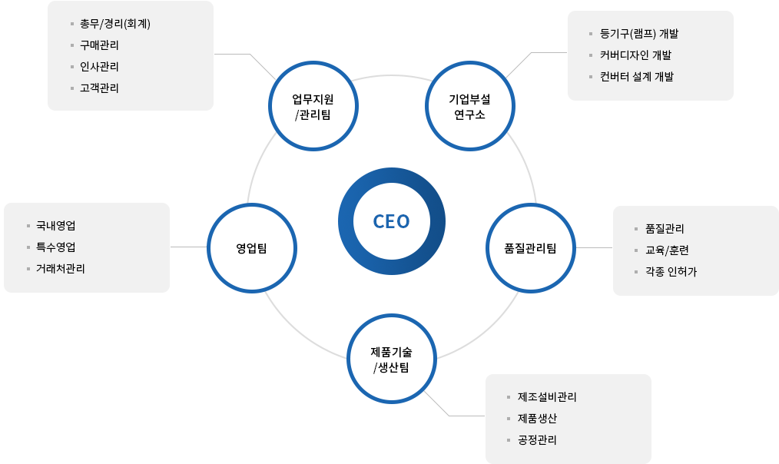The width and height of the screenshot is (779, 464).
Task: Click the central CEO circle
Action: (x=391, y=221)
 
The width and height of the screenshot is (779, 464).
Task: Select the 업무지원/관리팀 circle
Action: (x=313, y=107)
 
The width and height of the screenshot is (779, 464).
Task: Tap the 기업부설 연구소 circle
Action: (x=469, y=107)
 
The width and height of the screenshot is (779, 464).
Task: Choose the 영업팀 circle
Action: (x=251, y=247)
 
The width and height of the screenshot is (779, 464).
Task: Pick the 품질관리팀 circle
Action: (x=530, y=247)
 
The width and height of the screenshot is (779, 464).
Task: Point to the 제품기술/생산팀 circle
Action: (x=391, y=359)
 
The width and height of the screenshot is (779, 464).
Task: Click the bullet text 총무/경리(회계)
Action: (x=114, y=23)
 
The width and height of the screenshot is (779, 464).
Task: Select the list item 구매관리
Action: (x=99, y=45)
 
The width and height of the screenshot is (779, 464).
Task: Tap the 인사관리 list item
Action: (x=99, y=66)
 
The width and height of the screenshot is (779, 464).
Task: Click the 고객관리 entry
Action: (x=99, y=88)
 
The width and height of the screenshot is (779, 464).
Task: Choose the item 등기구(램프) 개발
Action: (x=639, y=34)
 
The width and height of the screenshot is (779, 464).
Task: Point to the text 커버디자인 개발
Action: (x=635, y=55)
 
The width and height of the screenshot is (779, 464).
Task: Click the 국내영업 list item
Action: (x=55, y=226)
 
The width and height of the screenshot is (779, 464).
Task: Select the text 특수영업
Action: (x=55, y=247)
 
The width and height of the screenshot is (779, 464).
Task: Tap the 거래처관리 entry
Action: (x=60, y=269)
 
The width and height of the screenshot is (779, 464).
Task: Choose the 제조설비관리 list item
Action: (x=547, y=397)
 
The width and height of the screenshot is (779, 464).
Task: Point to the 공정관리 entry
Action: (x=537, y=440)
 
